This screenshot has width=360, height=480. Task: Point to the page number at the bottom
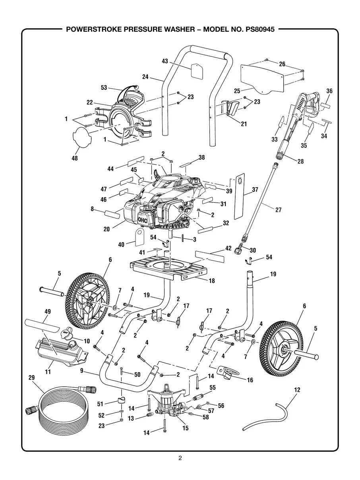180,458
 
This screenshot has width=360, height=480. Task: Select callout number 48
74,158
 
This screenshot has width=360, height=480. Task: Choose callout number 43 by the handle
165,61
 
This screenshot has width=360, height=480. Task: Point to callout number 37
255,190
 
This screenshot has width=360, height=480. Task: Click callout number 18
212,281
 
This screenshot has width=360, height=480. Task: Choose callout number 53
104,88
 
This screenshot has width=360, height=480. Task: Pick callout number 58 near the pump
205,417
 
